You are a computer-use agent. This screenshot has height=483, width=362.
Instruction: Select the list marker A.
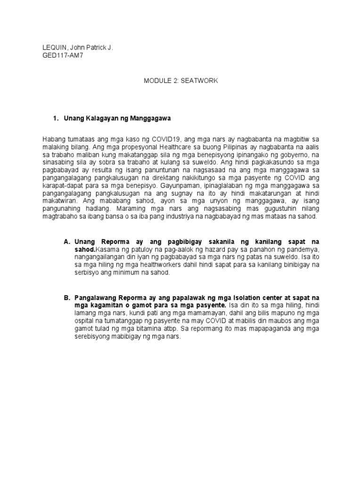coord(66,241)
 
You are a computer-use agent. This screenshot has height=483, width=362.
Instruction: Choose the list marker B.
coord(66,298)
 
